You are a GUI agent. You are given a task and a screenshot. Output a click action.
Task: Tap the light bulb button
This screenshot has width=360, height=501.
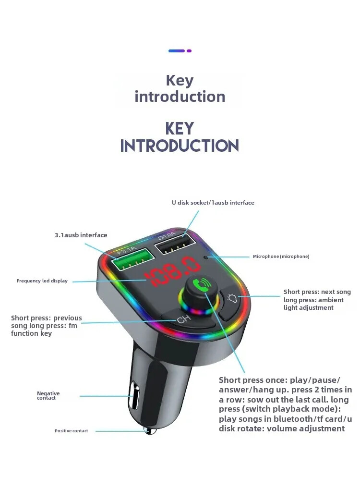(x=233, y=299)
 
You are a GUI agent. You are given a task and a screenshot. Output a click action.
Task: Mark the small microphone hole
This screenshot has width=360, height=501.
(x=206, y=257)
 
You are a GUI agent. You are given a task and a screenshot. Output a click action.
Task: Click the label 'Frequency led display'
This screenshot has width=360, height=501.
(x=42, y=281)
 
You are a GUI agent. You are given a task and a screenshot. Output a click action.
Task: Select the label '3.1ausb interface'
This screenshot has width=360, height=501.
(x=81, y=235)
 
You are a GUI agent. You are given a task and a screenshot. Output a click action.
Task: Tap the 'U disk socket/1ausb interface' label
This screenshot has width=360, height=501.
(x=213, y=203)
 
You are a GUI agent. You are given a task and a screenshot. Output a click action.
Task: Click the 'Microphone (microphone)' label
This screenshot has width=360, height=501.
(x=281, y=257)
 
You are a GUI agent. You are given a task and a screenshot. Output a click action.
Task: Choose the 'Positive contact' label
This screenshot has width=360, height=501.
(x=72, y=431)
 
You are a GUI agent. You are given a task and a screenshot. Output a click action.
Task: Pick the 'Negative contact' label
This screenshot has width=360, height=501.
(x=48, y=395)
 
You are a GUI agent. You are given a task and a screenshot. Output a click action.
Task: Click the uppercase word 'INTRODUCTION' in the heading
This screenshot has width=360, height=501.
(x=180, y=146)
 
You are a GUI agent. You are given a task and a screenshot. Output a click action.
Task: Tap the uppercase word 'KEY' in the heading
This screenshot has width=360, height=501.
(x=180, y=129)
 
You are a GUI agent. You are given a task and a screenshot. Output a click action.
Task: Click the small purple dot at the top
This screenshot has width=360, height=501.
(x=189, y=50)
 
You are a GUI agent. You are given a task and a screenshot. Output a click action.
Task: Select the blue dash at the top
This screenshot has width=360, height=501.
(x=176, y=50)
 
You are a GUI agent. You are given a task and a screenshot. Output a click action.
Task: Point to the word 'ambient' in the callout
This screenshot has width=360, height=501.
(x=331, y=300)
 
